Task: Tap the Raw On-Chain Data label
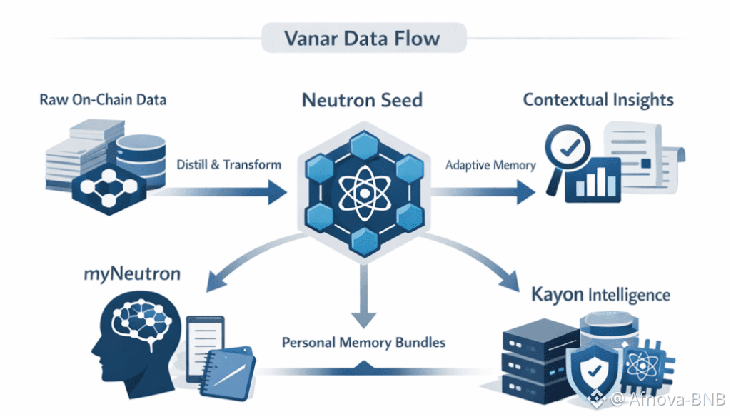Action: pos(104,99)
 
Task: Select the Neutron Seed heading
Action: pos(362,99)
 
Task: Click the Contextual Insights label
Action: pos(598,99)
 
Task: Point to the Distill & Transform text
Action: pos(228,165)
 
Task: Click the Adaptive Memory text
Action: pos(490,165)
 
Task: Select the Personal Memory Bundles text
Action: pos(363,342)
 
